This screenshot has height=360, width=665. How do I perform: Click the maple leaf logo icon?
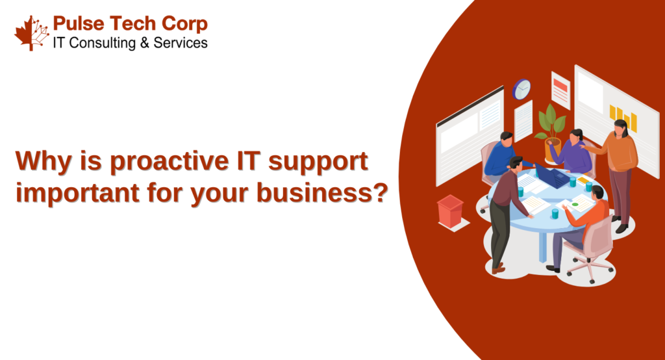point(32,33)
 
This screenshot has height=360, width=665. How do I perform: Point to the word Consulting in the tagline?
point(102,44)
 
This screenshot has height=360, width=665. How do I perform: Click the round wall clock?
point(521,89)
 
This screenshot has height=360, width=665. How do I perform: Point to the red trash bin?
point(450,211)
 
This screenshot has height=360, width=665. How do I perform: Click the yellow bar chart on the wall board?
point(623,118)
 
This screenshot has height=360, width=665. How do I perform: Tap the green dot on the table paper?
point(575,204)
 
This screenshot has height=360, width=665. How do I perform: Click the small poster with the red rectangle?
point(560,90)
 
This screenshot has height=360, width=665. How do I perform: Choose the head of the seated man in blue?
point(507,138)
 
